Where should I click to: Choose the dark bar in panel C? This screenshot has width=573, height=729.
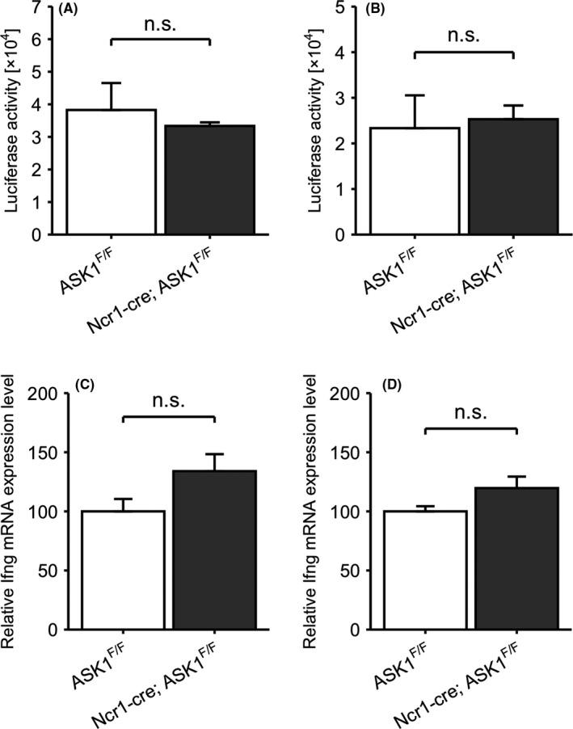pos(214,550)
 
